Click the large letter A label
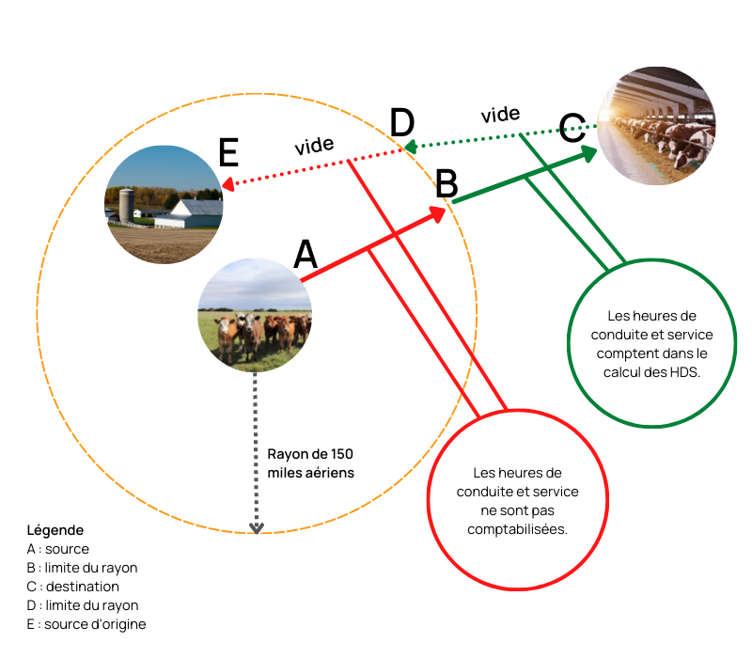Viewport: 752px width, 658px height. (305, 254)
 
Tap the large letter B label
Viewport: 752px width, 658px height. (446, 183)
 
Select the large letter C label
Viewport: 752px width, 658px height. (572, 128)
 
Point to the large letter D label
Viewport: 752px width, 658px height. (402, 123)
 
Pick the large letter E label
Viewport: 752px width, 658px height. (228, 152)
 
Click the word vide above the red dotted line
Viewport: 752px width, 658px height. (314, 146)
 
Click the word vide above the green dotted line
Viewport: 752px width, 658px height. (500, 115)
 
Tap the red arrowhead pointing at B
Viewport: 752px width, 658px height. (437, 214)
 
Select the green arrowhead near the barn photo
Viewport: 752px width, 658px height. (588, 153)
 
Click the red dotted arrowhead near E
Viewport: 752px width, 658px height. (227, 184)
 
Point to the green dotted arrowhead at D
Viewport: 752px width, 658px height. (410, 147)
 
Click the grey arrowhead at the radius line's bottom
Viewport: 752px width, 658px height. (257, 528)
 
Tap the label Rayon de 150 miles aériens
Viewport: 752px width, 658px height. (311, 463)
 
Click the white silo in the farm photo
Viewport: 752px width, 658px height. (126, 206)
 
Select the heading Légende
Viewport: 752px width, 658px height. (55, 530)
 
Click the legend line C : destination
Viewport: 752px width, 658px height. (73, 587)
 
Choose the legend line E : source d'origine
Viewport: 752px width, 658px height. (86, 624)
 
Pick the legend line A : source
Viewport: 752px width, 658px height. (58, 549)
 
